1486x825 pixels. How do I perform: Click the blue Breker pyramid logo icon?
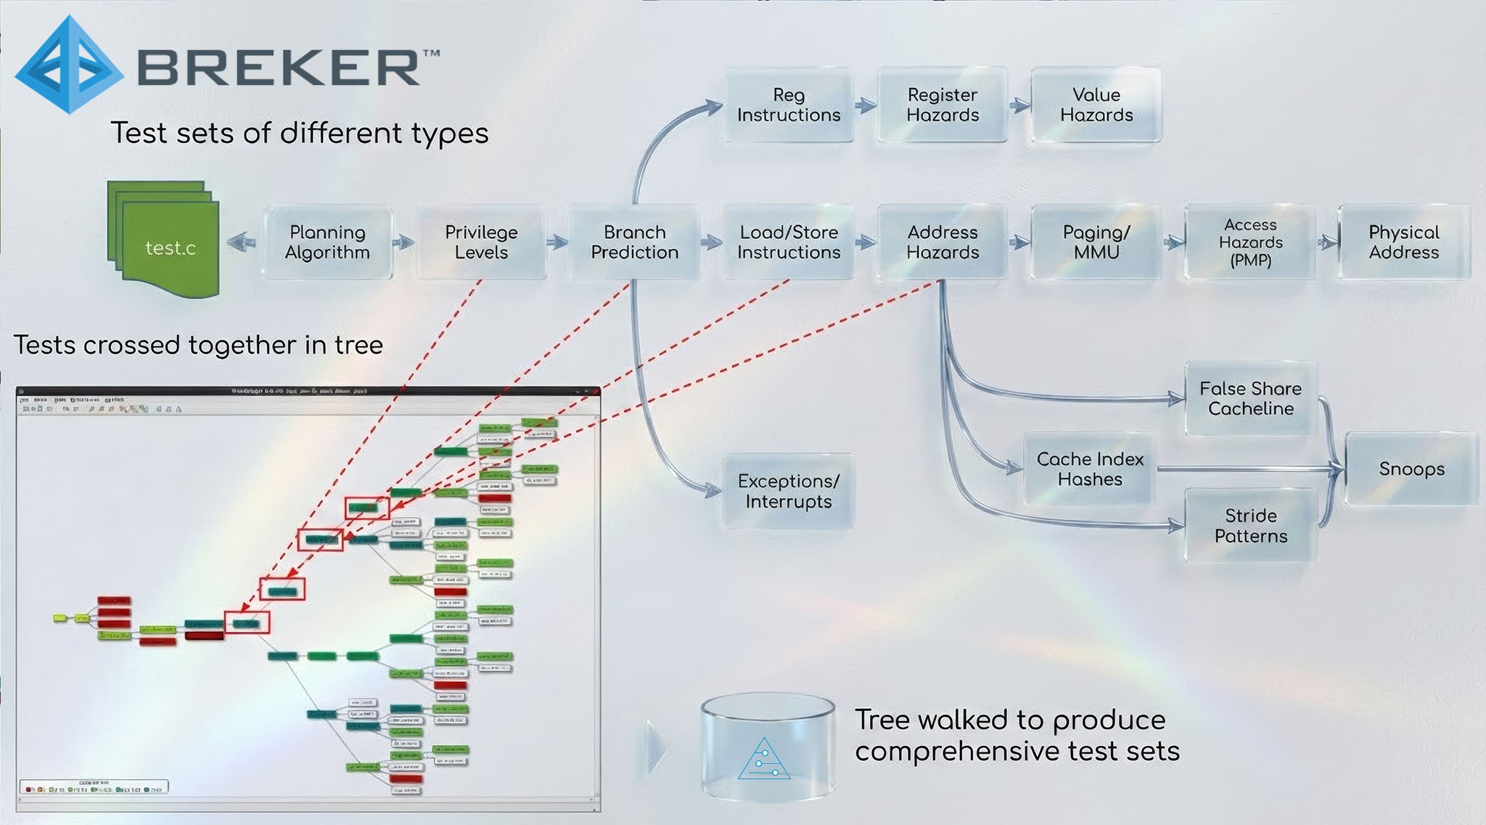(69, 65)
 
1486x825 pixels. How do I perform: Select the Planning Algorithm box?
(327, 243)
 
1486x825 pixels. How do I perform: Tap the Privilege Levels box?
(481, 243)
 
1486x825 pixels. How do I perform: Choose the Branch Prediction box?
(635, 243)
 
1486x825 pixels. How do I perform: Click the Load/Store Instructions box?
(789, 243)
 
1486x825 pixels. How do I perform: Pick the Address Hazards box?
(943, 243)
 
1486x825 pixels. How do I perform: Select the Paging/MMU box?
(1096, 243)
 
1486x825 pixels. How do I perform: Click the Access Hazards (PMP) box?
(1250, 243)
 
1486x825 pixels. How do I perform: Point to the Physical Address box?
(1404, 243)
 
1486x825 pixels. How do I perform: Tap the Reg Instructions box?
(789, 105)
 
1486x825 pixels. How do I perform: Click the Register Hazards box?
(943, 105)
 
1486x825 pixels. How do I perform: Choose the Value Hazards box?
(1096, 105)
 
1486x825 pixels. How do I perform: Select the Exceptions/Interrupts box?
(789, 492)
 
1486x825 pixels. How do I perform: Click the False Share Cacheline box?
(1251, 399)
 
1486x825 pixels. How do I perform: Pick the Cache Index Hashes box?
(1090, 469)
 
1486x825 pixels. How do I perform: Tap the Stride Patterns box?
(1251, 526)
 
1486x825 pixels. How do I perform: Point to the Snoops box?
(1411, 469)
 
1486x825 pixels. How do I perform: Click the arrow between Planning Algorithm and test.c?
(242, 242)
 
